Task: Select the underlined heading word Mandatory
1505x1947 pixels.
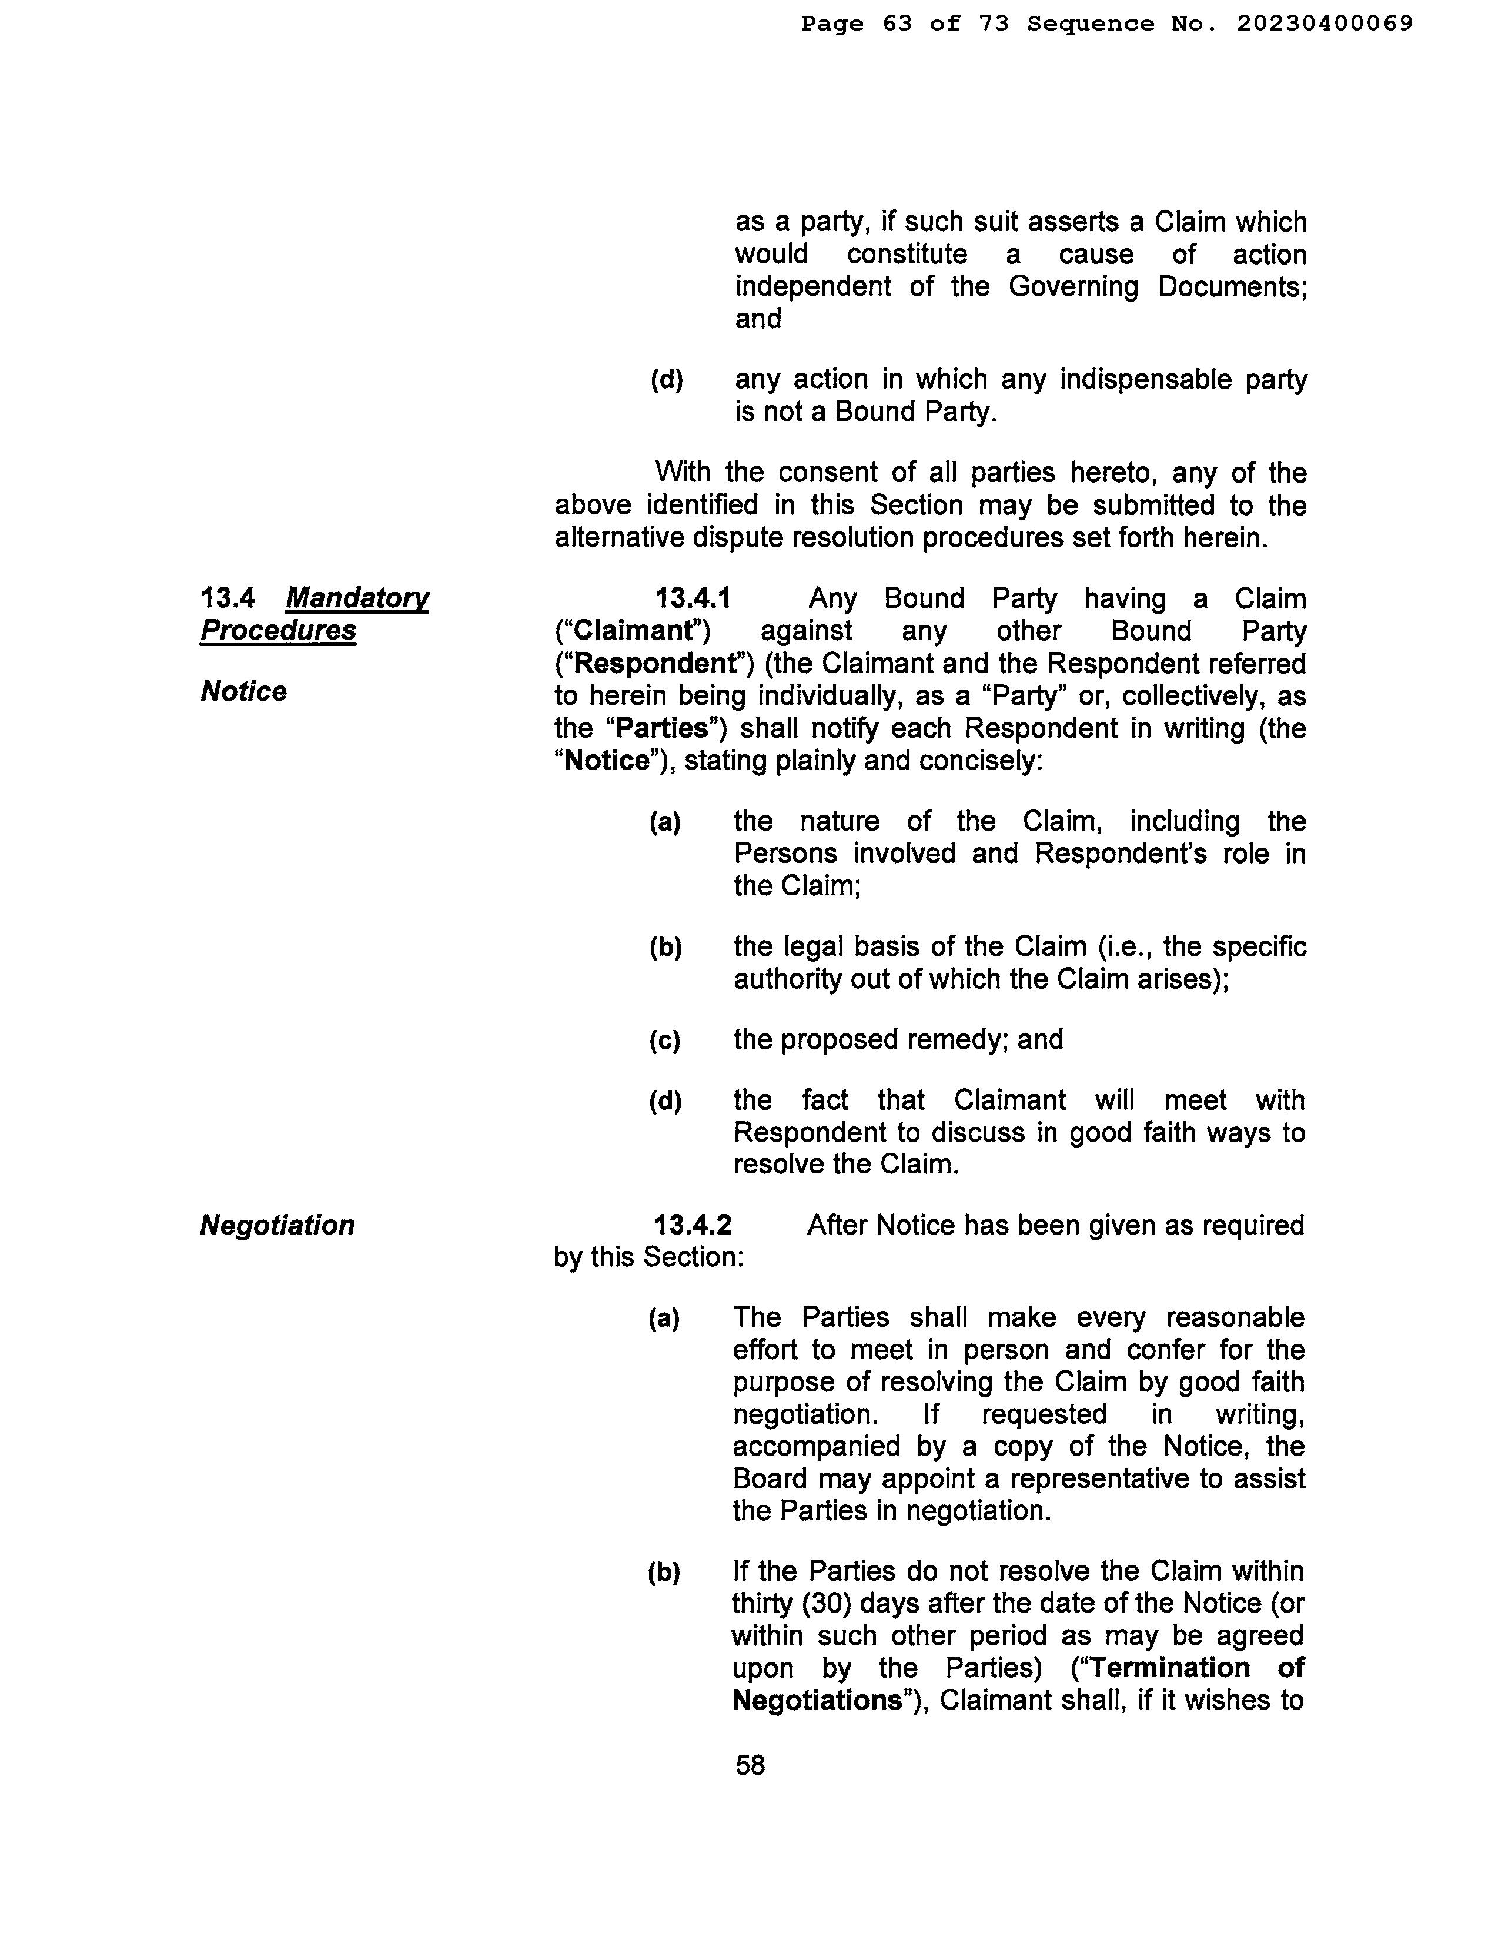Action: point(357,598)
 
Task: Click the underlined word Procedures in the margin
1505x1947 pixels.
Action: point(278,630)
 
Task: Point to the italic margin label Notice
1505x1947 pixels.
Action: point(243,691)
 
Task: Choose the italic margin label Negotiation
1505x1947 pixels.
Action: point(277,1225)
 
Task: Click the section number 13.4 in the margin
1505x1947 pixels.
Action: point(228,598)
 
